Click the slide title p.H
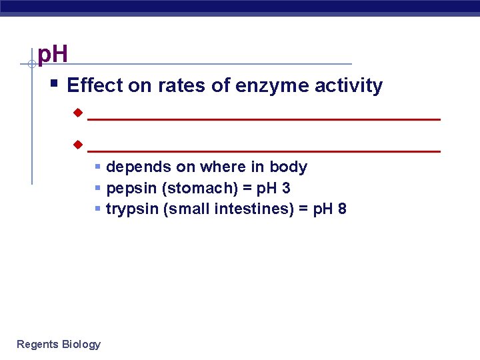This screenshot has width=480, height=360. tap(53, 54)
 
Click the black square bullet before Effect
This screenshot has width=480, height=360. tap(54, 84)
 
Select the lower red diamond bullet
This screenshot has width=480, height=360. tap(77, 145)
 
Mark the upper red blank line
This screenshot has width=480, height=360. tap(264, 119)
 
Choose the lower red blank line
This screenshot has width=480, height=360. tap(264, 152)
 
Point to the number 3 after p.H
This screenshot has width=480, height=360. tap(286, 189)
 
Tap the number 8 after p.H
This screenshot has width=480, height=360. tap(342, 209)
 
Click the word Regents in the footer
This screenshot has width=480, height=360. tap(37, 344)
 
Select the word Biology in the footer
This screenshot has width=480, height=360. tap(81, 344)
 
